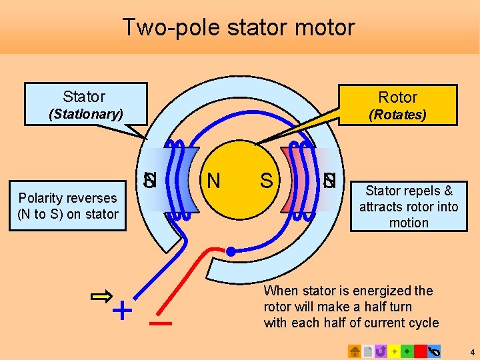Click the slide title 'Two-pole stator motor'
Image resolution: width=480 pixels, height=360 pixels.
coord(239,27)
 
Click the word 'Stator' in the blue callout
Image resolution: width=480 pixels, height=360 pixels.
coord(84,97)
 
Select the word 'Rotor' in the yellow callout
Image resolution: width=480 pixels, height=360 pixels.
coord(397,97)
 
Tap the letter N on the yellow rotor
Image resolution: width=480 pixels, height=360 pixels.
coord(214,180)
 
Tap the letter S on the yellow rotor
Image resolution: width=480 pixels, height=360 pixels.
coord(266,180)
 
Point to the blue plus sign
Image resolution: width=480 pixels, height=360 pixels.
coord(121,310)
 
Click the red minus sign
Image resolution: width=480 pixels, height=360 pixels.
coord(161,325)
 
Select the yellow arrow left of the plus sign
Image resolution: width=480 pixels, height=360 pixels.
coord(101,297)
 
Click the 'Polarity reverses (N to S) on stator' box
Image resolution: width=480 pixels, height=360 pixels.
coord(67,206)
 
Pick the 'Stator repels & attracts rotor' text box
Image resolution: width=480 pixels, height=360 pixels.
coord(408,207)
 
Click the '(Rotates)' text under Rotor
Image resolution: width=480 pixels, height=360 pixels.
coord(397,115)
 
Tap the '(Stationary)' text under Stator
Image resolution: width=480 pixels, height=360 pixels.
coord(86,114)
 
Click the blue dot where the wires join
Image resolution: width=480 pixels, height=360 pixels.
coord(230,251)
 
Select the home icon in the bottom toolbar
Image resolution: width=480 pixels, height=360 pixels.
coord(355,351)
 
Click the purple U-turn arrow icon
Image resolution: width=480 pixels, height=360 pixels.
coord(381,351)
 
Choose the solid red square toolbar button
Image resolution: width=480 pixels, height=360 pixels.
coord(420,351)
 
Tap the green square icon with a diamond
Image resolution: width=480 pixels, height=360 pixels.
coord(407,351)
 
